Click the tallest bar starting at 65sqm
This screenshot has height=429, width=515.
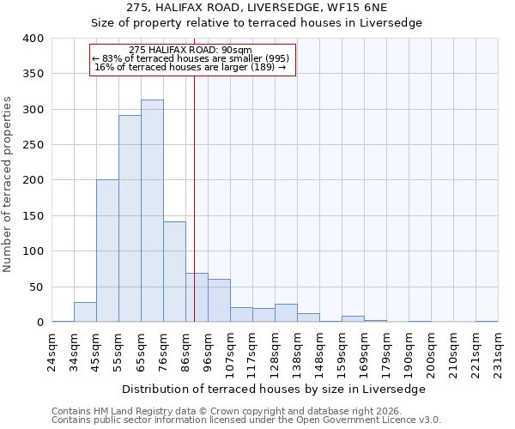pyautogui.click(x=152, y=211)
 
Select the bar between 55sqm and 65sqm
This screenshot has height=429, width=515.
pyautogui.click(x=130, y=219)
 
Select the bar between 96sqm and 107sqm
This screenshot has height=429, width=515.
pyautogui.click(x=219, y=300)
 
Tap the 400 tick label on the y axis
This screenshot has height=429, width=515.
pyautogui.click(x=33, y=39)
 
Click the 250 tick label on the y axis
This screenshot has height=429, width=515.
pyautogui.click(x=33, y=145)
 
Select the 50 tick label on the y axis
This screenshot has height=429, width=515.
pyautogui.click(x=36, y=287)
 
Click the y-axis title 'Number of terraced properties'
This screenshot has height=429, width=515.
pyautogui.click(x=9, y=184)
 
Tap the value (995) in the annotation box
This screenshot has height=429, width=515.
pyautogui.click(x=276, y=58)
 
